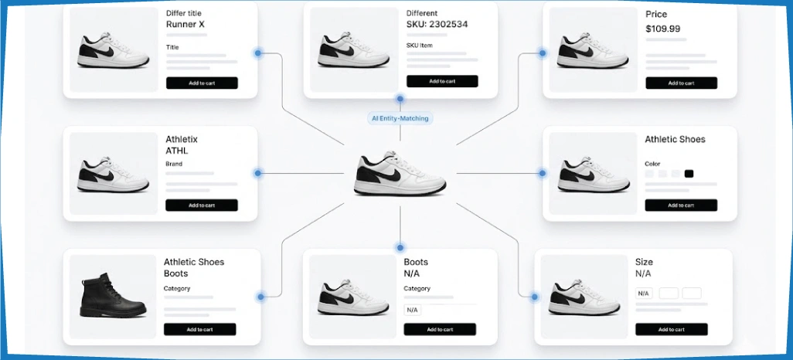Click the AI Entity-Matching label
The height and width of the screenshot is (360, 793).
[400, 118]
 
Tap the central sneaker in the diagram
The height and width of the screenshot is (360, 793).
[400, 173]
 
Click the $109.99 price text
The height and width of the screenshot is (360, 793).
[662, 29]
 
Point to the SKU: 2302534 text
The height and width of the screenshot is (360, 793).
[437, 24]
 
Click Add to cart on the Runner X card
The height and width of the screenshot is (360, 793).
[202, 83]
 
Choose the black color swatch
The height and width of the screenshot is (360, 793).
[689, 173]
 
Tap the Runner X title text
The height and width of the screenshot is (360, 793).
[185, 24]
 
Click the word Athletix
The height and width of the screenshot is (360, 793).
[182, 139]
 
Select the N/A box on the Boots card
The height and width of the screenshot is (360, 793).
[412, 310]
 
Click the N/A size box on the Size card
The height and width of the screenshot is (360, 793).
[643, 294]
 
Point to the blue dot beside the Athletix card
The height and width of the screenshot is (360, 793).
[257, 173]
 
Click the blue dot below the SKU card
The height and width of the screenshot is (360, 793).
[400, 99]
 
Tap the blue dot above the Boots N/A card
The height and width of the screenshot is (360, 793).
[400, 247]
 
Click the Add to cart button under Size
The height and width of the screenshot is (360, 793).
[671, 329]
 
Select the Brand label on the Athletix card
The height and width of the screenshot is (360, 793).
[174, 164]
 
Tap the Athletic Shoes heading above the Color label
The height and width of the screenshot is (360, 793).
[675, 139]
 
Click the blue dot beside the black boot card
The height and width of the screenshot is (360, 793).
[260, 297]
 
